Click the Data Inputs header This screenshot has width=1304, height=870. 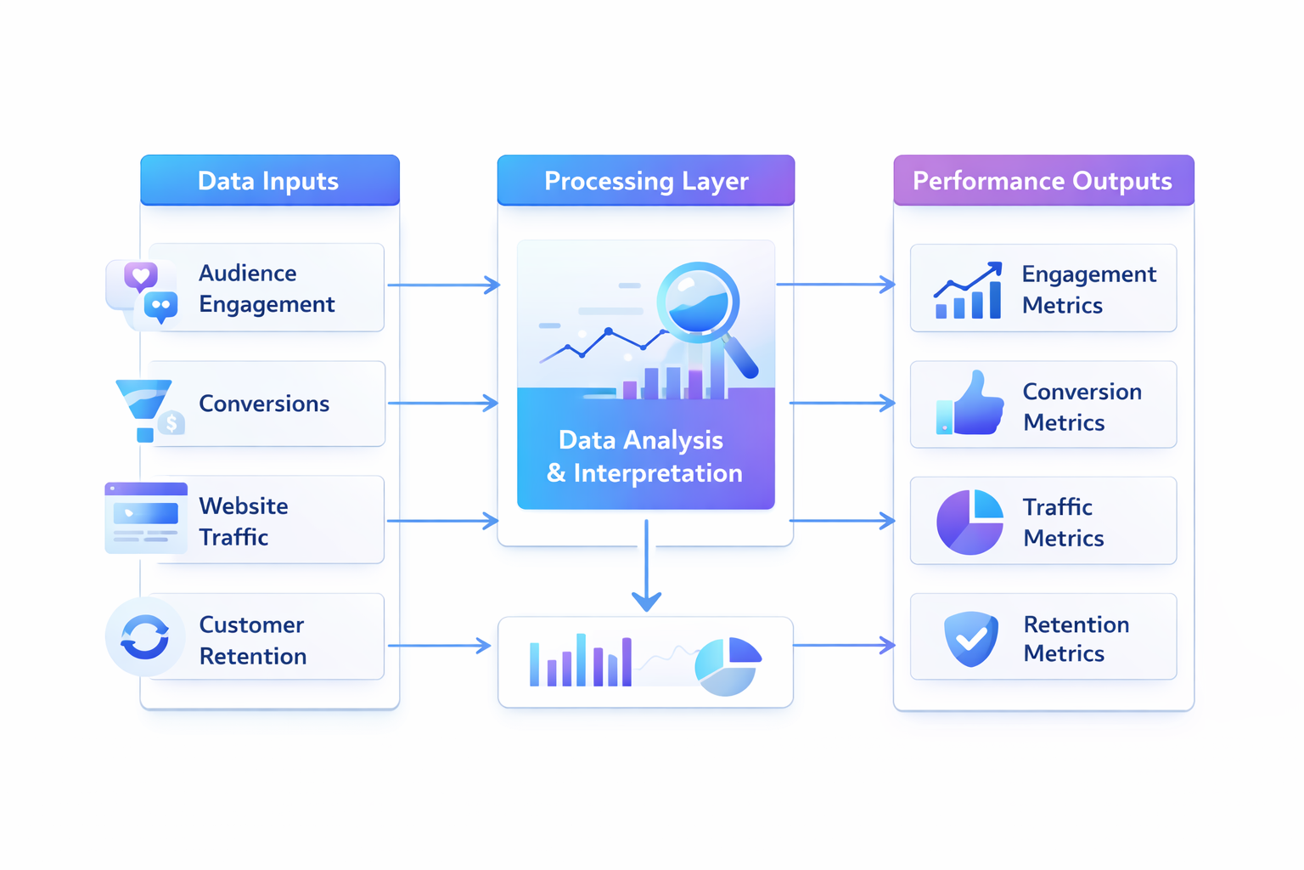[x=269, y=180]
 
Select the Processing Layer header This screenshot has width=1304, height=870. [x=645, y=180]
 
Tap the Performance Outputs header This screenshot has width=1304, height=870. [x=1043, y=180]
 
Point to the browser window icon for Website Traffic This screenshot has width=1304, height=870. [x=146, y=517]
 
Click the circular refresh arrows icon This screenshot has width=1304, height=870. [x=144, y=637]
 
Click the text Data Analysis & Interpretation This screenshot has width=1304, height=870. [x=644, y=456]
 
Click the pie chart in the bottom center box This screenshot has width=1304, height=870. [x=728, y=666]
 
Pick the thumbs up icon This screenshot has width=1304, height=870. [x=970, y=404]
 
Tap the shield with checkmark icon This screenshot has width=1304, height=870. [x=970, y=638]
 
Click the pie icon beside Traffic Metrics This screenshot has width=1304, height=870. [x=970, y=522]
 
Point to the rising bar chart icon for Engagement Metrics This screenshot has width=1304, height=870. [x=968, y=291]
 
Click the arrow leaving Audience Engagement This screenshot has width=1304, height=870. [x=443, y=285]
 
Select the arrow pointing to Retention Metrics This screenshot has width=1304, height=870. [x=844, y=646]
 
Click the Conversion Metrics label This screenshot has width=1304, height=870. [x=1082, y=406]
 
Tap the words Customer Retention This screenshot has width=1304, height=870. [x=252, y=640]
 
